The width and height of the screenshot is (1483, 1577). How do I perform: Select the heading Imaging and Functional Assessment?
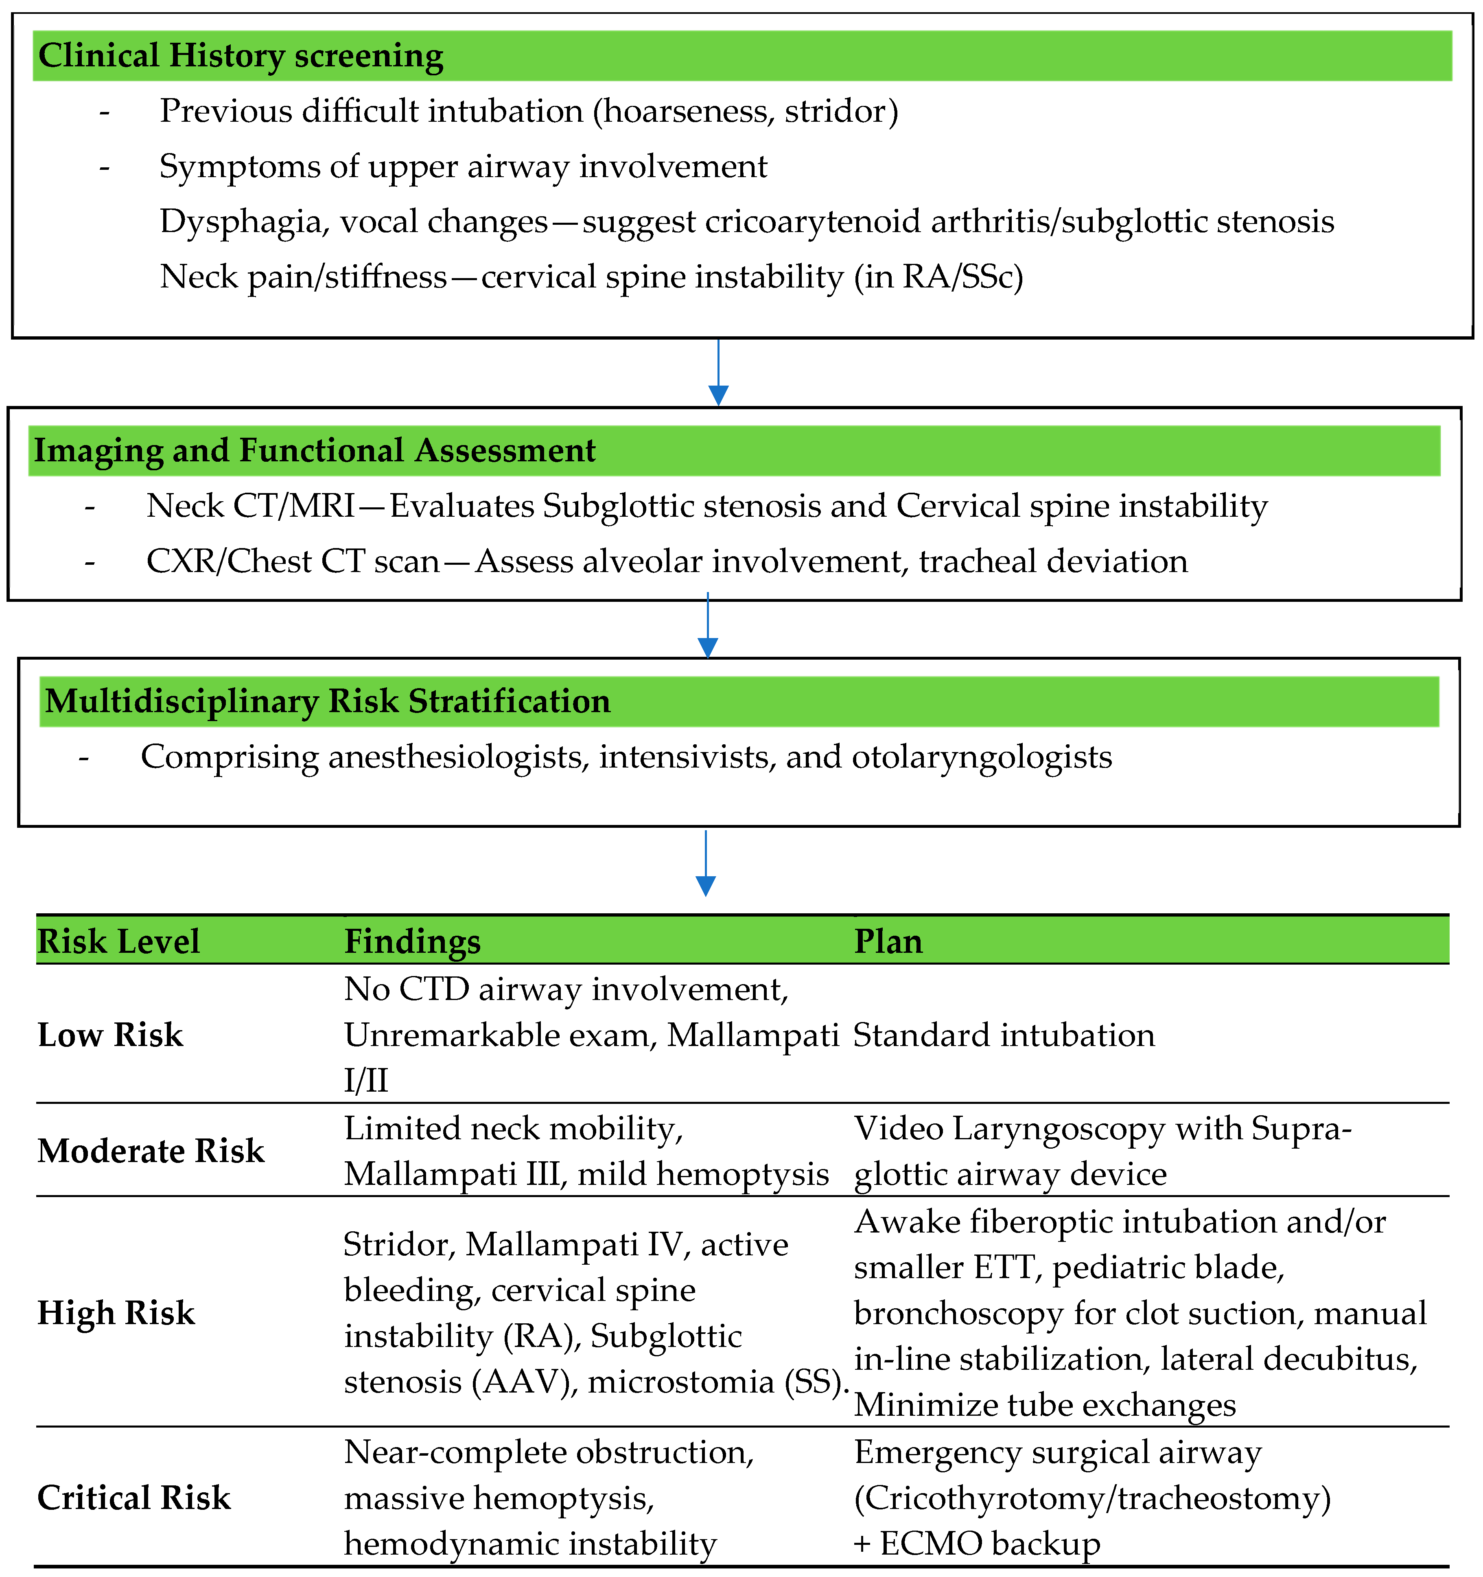point(314,451)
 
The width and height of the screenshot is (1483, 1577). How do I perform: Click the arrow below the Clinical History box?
point(718,373)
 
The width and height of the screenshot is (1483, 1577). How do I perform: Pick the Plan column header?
point(888,942)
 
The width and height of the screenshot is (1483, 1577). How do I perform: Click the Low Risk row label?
point(110,1035)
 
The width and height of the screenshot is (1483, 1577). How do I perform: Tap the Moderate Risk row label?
point(151,1151)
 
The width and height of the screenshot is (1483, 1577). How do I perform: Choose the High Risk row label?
point(116,1313)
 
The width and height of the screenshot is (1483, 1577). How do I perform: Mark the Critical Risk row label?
point(134,1498)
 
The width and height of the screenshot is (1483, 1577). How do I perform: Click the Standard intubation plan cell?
point(1004,1035)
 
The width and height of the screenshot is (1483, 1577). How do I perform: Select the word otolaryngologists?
point(982,757)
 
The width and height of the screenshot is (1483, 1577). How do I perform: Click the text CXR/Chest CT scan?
point(293,561)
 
